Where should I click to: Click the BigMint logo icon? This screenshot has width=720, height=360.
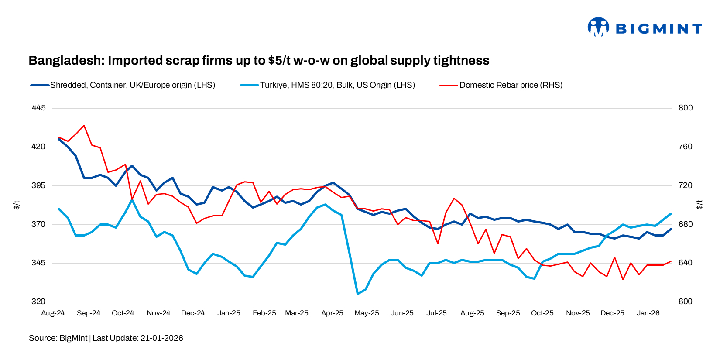(598, 27)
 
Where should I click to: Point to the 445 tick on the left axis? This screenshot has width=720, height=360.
(38, 108)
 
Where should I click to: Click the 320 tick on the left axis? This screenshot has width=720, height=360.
(38, 302)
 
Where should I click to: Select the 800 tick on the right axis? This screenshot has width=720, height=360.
(686, 108)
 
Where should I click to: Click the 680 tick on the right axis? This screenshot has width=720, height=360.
(686, 224)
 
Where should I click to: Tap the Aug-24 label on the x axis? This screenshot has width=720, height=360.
(53, 313)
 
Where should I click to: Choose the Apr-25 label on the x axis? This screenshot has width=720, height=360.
(332, 313)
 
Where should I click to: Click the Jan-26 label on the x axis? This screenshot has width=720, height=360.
(648, 313)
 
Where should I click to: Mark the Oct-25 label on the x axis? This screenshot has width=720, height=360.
(542, 313)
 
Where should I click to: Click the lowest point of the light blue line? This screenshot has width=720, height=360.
(357, 294)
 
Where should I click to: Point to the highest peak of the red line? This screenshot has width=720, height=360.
(84, 126)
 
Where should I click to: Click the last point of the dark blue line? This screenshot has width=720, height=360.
(671, 229)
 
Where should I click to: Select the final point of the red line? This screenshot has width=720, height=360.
(671, 261)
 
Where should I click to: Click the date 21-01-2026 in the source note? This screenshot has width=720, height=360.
(161, 338)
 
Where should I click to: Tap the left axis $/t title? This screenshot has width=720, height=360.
(17, 205)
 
